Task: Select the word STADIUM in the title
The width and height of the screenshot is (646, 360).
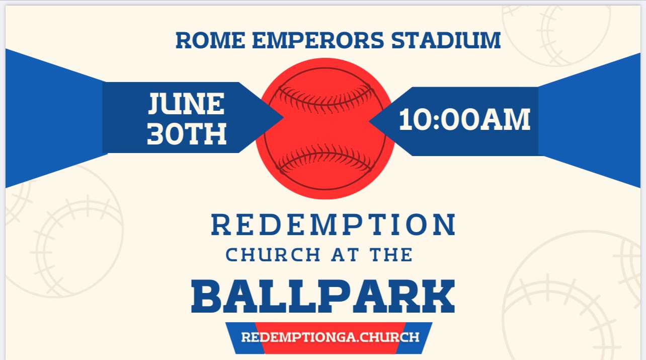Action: pos(446,40)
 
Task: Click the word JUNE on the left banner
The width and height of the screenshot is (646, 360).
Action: pos(186,103)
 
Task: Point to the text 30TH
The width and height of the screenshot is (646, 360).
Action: pos(187,133)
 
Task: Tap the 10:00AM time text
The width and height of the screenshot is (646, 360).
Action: pos(464,119)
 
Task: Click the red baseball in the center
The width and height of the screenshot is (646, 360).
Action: pos(325,128)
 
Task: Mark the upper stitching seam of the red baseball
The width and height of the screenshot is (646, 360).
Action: pos(325,98)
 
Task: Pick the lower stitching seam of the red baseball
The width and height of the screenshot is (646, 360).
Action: pos(325,159)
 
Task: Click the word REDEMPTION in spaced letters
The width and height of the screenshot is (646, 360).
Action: pos(333,225)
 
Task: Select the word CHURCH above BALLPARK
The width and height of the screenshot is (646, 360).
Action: pos(273,255)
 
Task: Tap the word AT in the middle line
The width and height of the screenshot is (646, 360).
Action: pos(346,255)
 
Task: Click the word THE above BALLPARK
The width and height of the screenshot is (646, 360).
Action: pos(391,255)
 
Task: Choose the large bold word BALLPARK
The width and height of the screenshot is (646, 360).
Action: pos(323,296)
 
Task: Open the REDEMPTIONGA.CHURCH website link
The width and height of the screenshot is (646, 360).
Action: pos(330,337)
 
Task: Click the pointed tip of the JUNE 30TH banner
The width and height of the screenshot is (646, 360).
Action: pos(283,117)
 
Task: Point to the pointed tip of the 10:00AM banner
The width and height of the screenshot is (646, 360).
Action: pos(369,121)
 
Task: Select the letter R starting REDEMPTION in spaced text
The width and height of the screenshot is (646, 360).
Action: pos(221,225)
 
